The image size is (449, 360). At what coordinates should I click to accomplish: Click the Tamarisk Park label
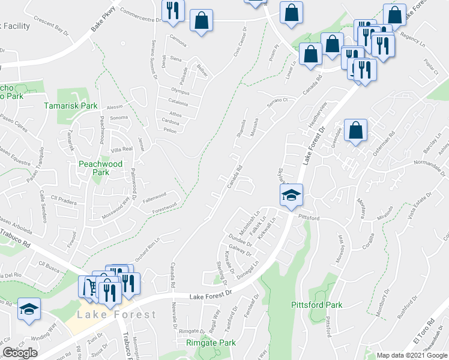point(71,106)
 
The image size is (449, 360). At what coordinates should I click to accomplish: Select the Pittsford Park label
point(316,305)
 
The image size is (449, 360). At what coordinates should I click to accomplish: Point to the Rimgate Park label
point(210,343)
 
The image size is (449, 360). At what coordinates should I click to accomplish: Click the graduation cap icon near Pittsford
point(291,195)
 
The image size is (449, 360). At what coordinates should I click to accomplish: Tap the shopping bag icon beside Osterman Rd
point(355,130)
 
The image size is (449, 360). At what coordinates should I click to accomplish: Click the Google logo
point(20,352)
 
